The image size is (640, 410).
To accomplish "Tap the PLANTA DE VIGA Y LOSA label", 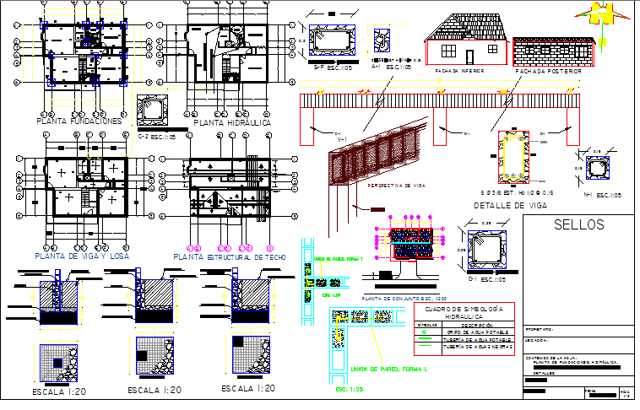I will [x=82, y=256].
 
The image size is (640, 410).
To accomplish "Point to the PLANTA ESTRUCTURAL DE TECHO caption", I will [x=230, y=256].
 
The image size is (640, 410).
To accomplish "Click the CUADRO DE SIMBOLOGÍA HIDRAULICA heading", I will [x=464, y=311].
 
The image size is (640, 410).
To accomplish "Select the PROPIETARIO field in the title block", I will [x=540, y=329].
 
